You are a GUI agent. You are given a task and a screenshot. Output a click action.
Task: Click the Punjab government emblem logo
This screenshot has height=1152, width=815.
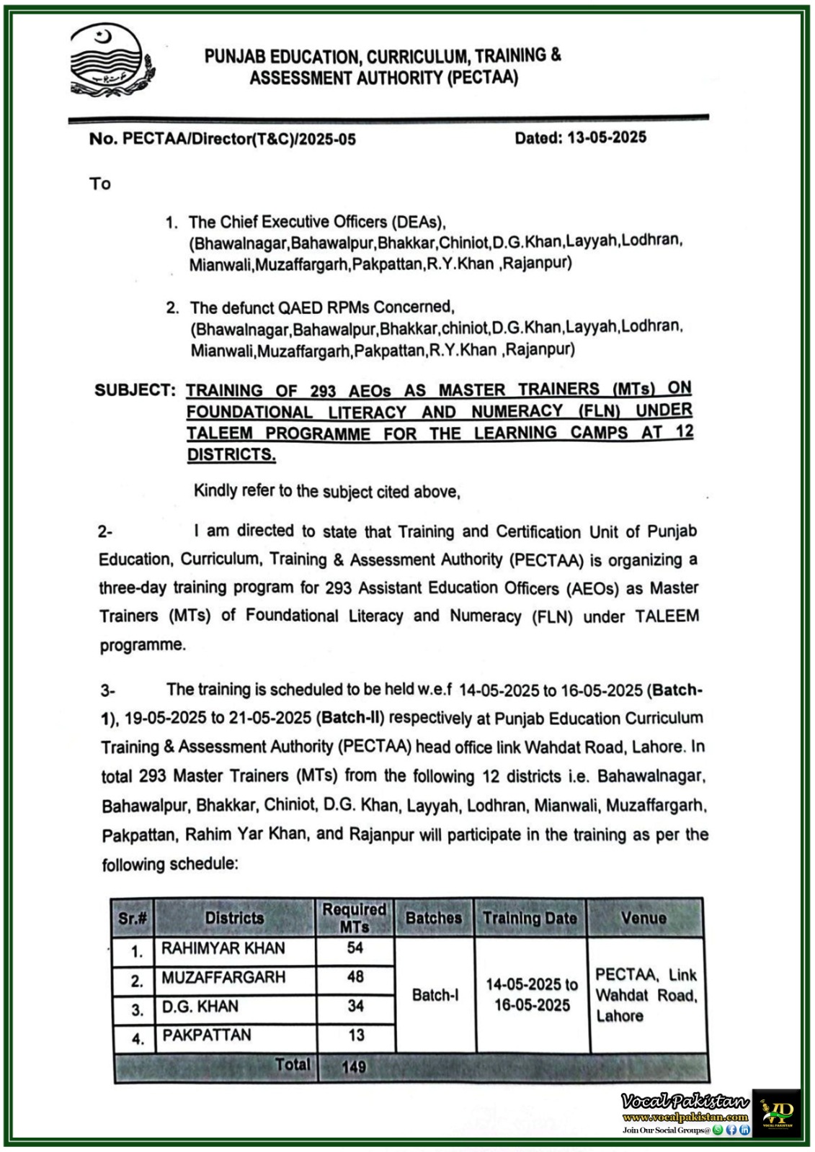coord(111,60)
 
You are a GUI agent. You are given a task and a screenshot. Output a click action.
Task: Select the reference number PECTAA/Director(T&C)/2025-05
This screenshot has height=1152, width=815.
coord(239,139)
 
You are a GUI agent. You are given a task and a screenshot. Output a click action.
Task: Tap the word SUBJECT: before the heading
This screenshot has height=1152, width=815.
coord(135,390)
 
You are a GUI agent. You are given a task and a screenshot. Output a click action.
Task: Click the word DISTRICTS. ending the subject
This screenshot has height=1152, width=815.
coord(231,454)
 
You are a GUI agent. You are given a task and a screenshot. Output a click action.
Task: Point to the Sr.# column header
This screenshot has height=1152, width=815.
coord(133,918)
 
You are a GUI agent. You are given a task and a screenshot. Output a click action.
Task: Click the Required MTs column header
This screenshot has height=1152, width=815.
coord(354,918)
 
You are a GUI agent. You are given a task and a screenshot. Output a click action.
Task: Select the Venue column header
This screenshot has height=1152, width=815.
coord(643,918)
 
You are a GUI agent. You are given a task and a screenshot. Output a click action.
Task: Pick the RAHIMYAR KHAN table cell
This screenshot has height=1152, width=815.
coord(223,948)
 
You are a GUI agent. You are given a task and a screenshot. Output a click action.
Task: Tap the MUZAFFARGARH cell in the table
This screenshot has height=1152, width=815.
coord(223,977)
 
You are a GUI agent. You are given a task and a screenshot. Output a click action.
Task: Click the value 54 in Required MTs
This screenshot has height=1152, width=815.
coord(355,948)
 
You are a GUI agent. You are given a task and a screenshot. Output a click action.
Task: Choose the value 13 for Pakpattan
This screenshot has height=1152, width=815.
coord(356,1035)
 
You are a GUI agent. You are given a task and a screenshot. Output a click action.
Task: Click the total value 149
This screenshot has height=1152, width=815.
coord(354,1066)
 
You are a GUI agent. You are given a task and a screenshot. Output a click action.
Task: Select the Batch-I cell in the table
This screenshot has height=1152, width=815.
coord(435,995)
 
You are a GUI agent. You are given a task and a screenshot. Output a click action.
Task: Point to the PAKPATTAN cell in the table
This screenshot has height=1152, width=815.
coord(207,1035)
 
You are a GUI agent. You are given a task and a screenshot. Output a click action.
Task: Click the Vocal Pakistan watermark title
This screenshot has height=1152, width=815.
coord(684,1102)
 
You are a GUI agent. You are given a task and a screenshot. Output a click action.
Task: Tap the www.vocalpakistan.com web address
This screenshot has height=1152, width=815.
coord(685,1117)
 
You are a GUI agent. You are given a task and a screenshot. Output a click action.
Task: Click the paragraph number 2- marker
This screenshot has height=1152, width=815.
coord(105,532)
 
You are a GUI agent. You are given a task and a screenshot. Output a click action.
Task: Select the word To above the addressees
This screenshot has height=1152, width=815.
coord(100,184)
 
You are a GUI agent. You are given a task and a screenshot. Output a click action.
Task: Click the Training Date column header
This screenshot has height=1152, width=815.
coord(530,918)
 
